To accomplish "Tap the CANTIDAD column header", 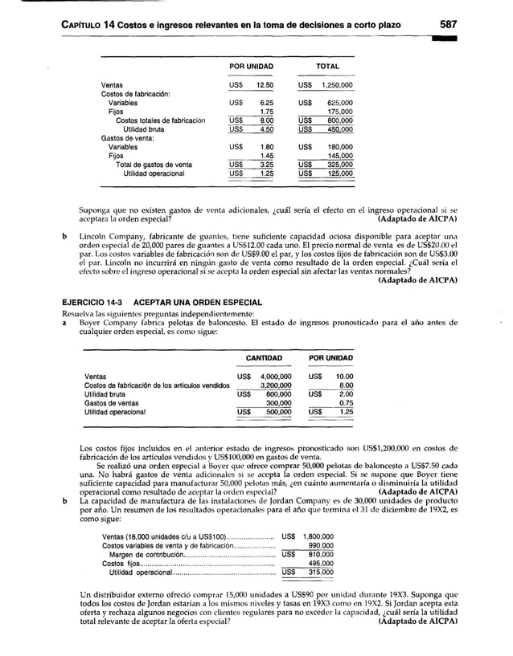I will click(263, 357).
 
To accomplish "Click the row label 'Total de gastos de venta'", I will click(154, 164).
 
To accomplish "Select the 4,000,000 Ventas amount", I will click(270, 377).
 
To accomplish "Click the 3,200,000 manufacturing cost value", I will click(270, 385).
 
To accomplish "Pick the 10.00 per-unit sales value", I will click(343, 377).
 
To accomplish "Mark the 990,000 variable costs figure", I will click(321, 547).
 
